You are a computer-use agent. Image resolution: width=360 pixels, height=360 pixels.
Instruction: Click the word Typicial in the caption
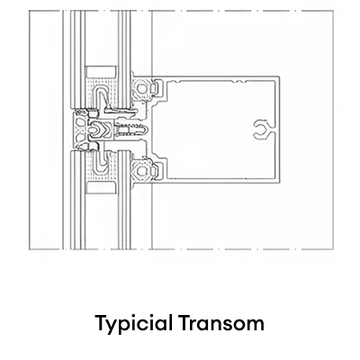tap(134, 324)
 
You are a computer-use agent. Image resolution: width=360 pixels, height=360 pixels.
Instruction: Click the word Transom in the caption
tap(222, 322)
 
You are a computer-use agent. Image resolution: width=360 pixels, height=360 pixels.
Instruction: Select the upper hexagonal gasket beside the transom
tap(140, 88)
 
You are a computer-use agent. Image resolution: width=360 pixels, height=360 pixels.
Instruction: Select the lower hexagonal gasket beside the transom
tap(140, 171)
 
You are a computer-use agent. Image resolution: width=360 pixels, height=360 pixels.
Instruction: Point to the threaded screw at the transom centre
tap(132, 130)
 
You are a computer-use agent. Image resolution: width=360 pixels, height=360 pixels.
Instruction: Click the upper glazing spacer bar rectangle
tap(101, 72)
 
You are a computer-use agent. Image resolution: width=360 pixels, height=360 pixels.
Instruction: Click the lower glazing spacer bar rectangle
tap(101, 187)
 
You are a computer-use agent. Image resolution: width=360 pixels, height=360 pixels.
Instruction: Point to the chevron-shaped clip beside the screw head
tap(106, 130)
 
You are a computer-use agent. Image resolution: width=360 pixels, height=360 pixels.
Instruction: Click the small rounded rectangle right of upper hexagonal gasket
tap(153, 88)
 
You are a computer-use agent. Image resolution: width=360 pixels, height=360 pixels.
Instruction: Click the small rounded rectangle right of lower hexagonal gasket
tap(153, 171)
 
